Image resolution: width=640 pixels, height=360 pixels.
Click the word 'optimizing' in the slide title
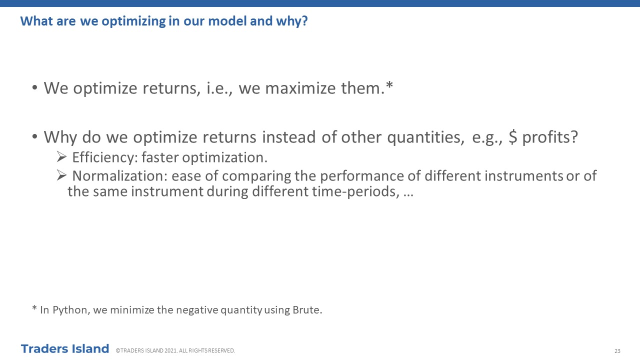click(133, 21)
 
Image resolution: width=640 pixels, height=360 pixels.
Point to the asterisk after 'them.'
click(389, 85)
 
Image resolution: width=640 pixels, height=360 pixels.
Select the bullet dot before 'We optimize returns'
click(35, 87)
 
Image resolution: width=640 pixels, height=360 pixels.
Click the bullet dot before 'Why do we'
click(35, 136)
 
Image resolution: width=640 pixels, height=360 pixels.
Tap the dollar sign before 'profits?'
click(513, 137)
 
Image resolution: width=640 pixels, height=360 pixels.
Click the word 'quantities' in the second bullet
click(425, 137)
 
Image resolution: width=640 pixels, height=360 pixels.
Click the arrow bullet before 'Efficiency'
click(61, 156)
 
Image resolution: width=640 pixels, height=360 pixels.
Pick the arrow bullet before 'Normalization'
click(61, 175)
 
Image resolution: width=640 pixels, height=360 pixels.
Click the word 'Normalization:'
click(119, 175)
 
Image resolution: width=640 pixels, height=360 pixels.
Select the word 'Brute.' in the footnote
click(307, 310)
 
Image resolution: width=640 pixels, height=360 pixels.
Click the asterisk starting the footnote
click(34, 308)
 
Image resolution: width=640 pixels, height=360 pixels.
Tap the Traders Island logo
click(65, 349)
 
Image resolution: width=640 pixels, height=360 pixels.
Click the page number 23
click(617, 351)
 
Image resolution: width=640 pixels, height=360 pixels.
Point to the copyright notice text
click(175, 350)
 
